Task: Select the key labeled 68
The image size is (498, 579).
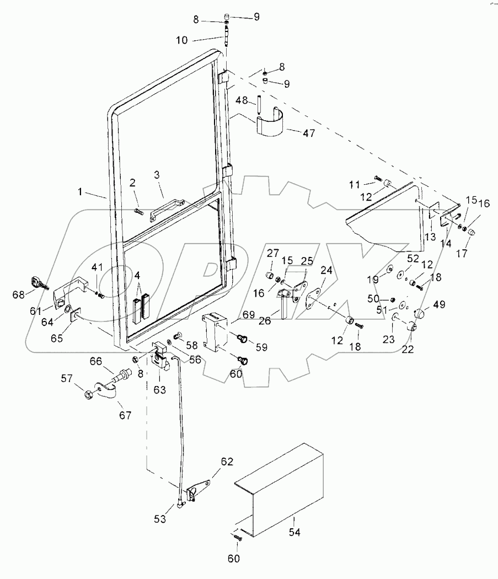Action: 40,284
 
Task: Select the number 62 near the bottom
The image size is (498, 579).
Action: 227,461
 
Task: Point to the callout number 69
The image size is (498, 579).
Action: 248,314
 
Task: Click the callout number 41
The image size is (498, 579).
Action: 97,267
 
